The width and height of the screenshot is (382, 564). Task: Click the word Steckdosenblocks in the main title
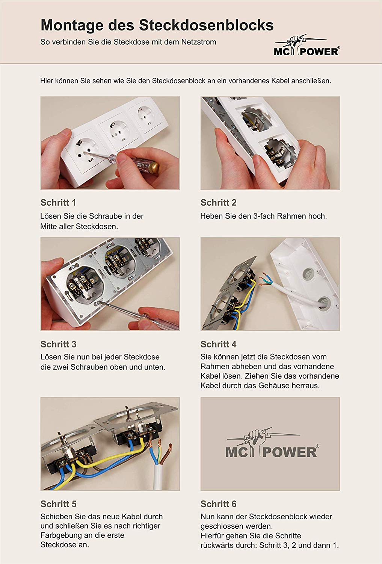(x=206, y=25)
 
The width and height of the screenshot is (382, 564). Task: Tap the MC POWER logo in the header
(x=307, y=45)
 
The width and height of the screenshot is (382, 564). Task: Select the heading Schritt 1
(x=58, y=202)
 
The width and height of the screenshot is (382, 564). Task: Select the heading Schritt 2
(x=218, y=202)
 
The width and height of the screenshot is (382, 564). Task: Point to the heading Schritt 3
(x=58, y=344)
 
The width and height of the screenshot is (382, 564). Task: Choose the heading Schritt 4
(x=218, y=344)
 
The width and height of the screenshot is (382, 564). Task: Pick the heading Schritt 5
(x=58, y=504)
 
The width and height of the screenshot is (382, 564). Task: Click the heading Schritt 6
(x=218, y=504)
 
